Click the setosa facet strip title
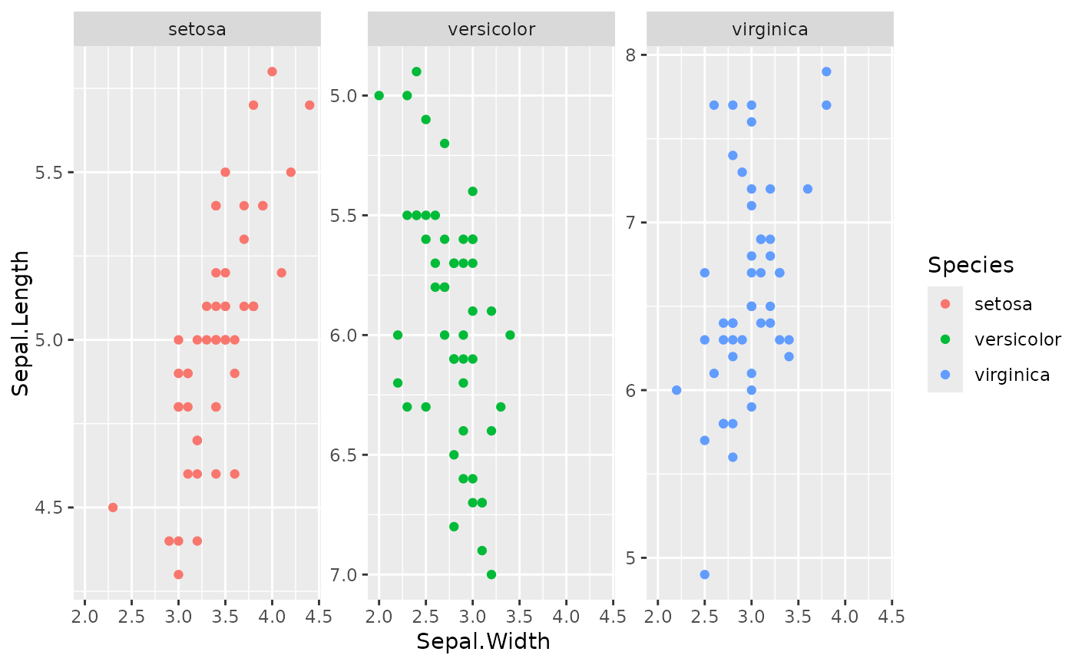coord(197,30)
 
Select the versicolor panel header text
coord(491,30)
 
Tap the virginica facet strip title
coord(770,30)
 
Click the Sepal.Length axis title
coord(21,323)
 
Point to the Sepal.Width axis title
coord(483,642)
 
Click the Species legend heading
coord(971,265)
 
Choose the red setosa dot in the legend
coord(945,304)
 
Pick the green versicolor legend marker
coord(945,339)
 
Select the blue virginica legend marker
coord(945,375)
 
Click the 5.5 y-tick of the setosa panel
coord(49,173)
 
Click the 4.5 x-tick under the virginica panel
coord(891,617)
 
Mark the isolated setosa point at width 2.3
coord(113,508)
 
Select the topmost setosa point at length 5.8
coord(272,71)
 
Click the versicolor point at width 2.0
coord(379,95)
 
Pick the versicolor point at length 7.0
coord(491,574)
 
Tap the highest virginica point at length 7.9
coord(826,71)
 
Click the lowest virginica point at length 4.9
coord(705,574)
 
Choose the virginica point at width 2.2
coord(676,390)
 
